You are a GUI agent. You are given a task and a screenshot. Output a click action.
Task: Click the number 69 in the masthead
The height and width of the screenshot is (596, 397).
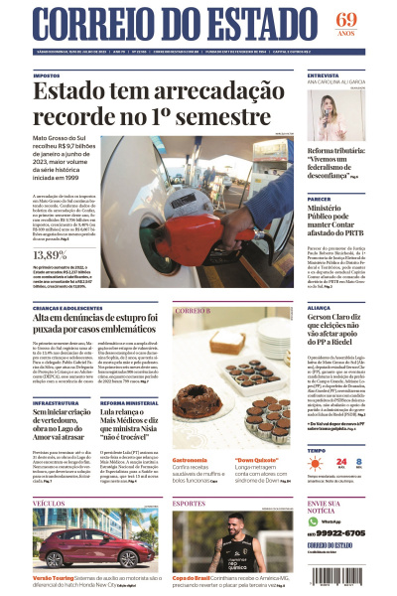pyautogui.click(x=345, y=19)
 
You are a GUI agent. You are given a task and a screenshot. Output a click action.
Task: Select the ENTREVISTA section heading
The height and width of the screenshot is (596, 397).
pyautogui.click(x=325, y=74)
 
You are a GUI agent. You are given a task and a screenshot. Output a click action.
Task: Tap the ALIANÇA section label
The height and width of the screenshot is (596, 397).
pyautogui.click(x=321, y=308)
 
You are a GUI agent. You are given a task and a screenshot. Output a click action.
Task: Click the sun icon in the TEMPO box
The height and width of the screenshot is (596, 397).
pyautogui.click(x=317, y=462)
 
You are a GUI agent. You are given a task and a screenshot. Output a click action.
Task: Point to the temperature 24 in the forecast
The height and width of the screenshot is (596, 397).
pyautogui.click(x=340, y=462)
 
